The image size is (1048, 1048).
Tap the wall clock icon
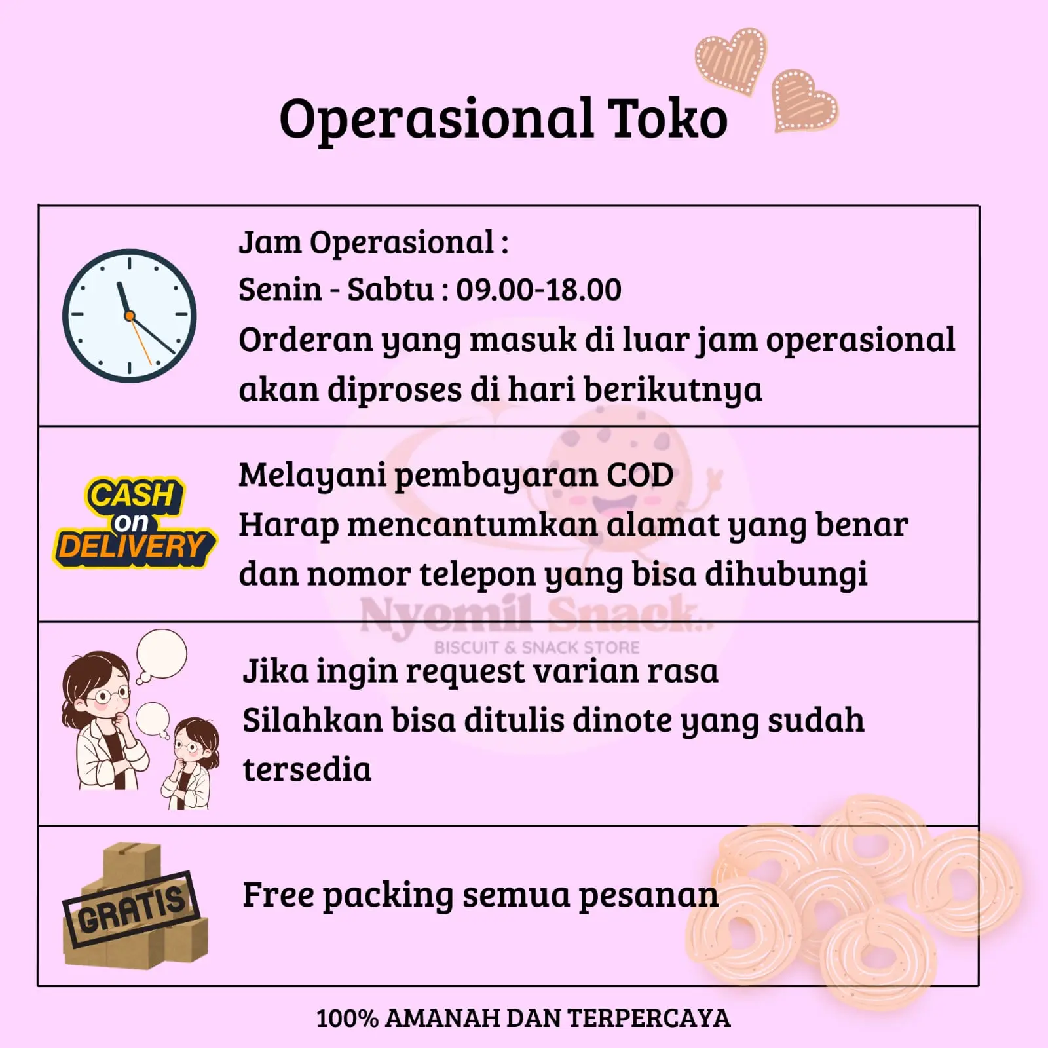click(130, 316)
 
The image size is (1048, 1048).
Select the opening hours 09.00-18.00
click(538, 290)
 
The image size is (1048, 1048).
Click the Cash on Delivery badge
click(134, 523)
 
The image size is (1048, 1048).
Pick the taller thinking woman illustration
click(105, 720)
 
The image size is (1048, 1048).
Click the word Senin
click(280, 290)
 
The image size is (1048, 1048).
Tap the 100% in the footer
click(347, 1019)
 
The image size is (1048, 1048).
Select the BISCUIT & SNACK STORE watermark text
click(537, 648)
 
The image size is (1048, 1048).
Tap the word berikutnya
click(673, 390)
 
